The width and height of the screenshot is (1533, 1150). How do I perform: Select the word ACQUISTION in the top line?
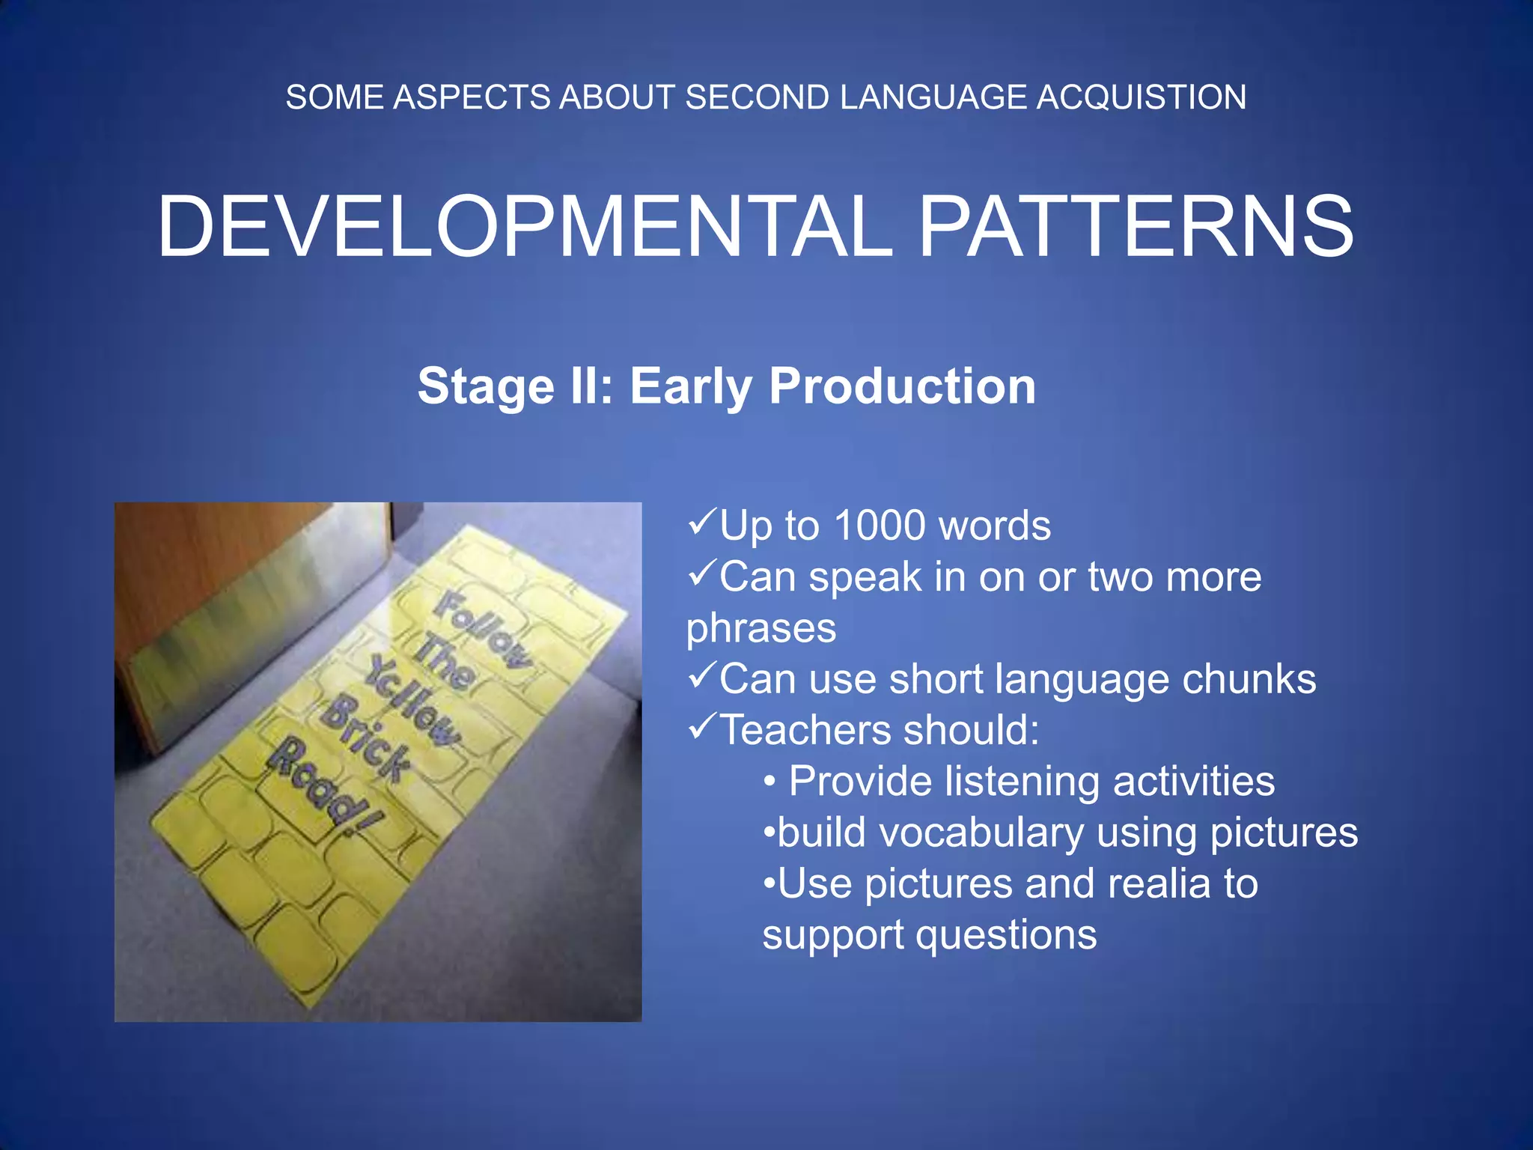tap(1141, 97)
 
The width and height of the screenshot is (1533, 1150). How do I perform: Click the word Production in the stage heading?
tap(902, 386)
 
